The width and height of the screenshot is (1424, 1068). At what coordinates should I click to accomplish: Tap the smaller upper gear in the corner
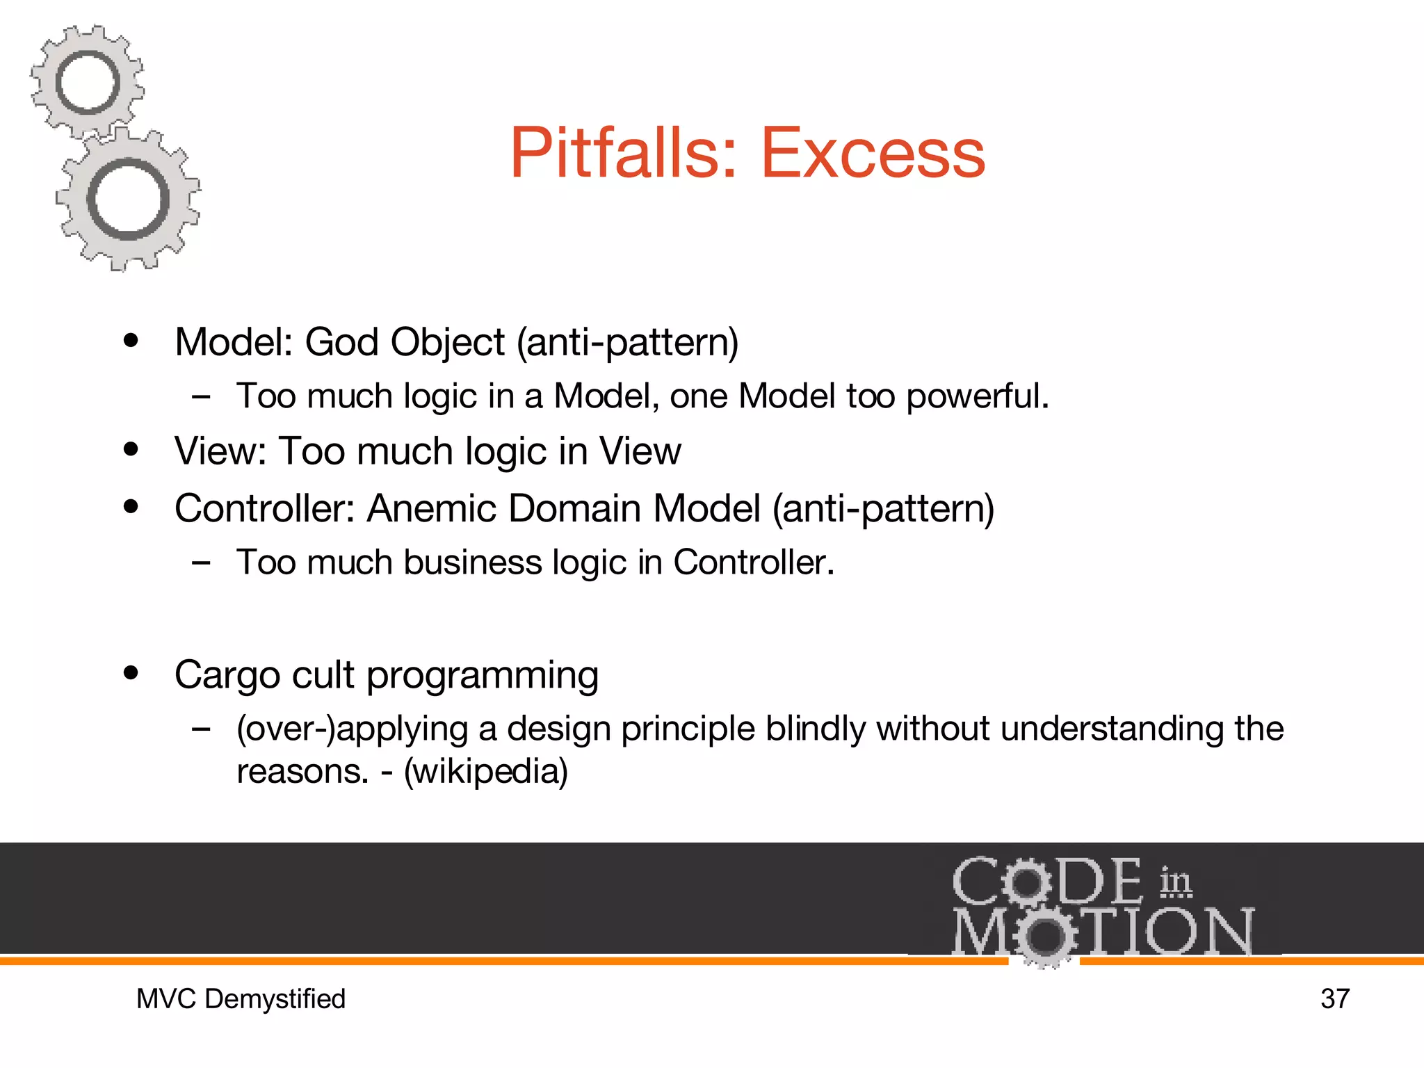coord(88,82)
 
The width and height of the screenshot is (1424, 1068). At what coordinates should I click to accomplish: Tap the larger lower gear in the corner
coord(128,200)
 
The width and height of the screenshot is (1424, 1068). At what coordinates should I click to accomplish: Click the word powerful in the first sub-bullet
coord(977,396)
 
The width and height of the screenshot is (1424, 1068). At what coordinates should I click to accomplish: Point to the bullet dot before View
coord(131,449)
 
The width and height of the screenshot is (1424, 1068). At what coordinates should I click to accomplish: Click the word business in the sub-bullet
coord(472,563)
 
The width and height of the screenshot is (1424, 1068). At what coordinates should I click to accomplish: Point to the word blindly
coord(815,729)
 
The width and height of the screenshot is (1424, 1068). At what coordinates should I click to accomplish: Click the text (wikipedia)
coord(486,772)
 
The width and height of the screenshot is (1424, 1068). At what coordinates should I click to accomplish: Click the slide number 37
coord(1334,999)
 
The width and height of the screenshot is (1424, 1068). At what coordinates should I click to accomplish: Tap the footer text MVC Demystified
coord(241,999)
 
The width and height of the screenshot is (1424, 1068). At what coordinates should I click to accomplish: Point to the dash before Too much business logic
coord(201,563)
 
